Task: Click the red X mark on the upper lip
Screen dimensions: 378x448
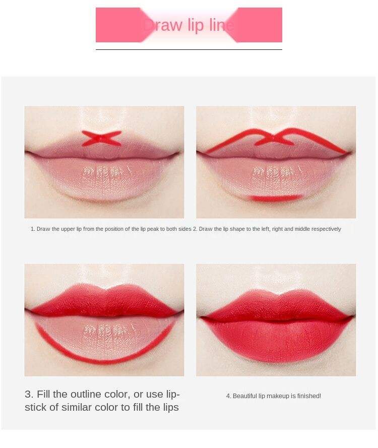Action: [101, 138]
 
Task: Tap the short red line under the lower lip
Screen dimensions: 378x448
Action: [274, 198]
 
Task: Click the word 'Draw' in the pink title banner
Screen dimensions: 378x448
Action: [163, 25]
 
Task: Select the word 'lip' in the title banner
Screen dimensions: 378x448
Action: [196, 25]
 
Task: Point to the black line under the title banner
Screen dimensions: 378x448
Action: [189, 49]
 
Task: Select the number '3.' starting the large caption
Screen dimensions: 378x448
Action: [29, 394]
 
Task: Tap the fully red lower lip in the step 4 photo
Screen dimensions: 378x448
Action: [276, 342]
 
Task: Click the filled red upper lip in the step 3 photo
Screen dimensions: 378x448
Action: [104, 301]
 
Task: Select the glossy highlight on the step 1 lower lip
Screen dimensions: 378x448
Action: [103, 172]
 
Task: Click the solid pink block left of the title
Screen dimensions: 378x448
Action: [120, 25]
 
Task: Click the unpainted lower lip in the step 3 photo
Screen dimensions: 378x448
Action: [104, 339]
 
